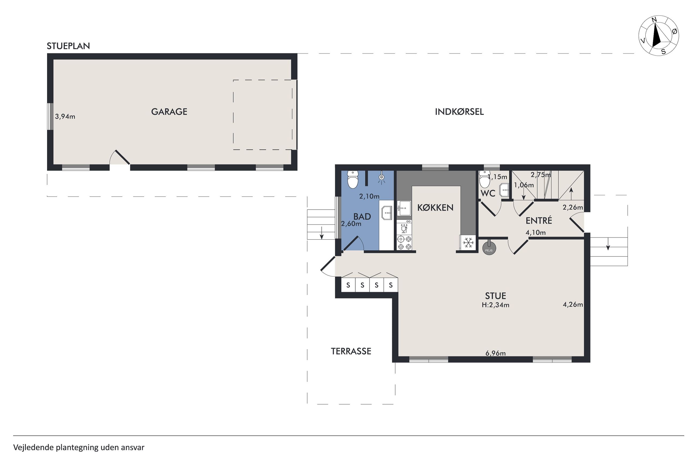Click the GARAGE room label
[169, 112]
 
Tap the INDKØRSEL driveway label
[459, 112]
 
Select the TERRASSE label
[351, 351]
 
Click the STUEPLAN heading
[68, 46]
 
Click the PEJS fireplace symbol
[489, 248]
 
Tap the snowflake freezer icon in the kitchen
[468, 243]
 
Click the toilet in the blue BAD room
[353, 179]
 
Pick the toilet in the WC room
[485, 179]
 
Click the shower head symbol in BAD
[381, 178]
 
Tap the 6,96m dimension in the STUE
[495, 353]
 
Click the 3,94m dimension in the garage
[65, 116]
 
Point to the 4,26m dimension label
[573, 304]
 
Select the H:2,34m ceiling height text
[495, 305]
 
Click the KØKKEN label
[435, 208]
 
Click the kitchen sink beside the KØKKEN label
[404, 208]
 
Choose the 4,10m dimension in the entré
[535, 233]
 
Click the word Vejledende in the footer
[33, 447]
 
